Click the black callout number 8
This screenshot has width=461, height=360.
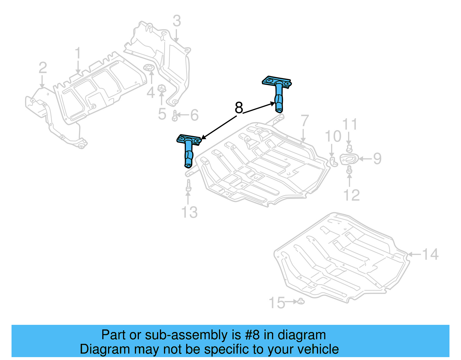[239, 108]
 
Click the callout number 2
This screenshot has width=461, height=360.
[43, 68]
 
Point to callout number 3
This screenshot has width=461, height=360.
[177, 21]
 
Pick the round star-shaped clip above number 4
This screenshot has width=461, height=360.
[149, 68]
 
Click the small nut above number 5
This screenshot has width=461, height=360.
[162, 88]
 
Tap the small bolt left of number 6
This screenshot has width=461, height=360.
[175, 116]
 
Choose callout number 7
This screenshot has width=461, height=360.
[305, 121]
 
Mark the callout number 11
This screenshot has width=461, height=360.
[350, 125]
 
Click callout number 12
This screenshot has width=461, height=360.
[352, 195]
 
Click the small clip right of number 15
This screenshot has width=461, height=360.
[301, 301]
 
